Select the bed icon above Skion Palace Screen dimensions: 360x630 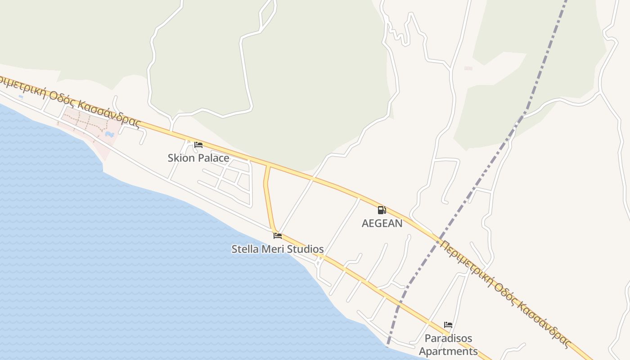pyautogui.click(x=198, y=145)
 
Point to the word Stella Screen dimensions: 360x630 pyautogui.click(x=246, y=249)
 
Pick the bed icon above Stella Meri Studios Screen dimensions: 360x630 pyautogui.click(x=278, y=236)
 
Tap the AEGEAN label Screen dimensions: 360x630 pyautogui.click(x=382, y=223)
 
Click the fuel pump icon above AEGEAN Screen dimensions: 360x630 pyautogui.click(x=382, y=210)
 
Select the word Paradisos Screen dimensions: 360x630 pyautogui.click(x=448, y=338)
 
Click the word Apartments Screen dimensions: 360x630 pyautogui.click(x=448, y=351)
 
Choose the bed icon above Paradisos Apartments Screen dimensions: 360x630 pyautogui.click(x=448, y=325)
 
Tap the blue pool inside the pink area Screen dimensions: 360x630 pyautogui.click(x=109, y=134)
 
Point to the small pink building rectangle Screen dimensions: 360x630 pyautogui.click(x=468, y=68)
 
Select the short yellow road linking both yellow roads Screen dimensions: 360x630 pyautogui.click(x=268, y=198)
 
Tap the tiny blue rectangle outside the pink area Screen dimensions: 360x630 pyautogui.click(x=21, y=96)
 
